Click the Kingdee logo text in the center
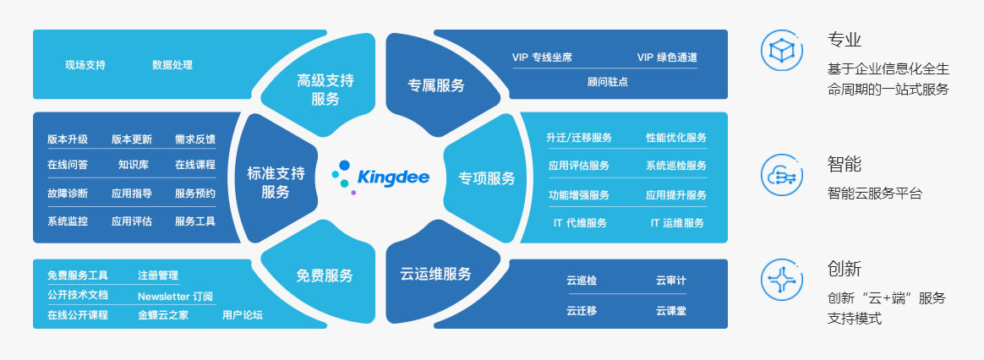coord(393,177)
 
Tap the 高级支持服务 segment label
coord(325,90)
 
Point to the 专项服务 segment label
coord(487,178)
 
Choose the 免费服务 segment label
coord(325,275)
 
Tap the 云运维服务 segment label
coord(435,274)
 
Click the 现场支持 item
coord(85,64)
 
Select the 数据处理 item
coord(172,64)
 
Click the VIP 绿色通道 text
coord(667,57)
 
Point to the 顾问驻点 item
coord(608,81)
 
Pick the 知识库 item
coord(133,165)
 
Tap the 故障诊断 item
coord(68,194)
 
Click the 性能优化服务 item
coord(676,138)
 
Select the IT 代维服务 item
coord(580,222)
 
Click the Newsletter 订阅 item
coord(175,297)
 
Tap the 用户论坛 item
coord(243,315)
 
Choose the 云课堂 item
coord(671,310)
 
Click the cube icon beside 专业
coord(782,50)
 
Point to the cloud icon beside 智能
coord(782,175)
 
